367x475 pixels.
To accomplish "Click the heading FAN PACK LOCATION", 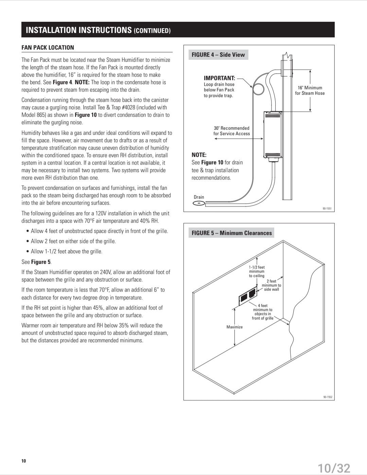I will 48,48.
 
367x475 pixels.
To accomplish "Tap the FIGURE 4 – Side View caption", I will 218,55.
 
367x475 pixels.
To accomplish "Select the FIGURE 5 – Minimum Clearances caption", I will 232,233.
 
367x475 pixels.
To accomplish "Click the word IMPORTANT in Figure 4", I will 219,78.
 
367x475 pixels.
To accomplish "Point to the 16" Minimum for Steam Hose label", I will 310,90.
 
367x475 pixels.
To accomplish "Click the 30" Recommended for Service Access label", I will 231,131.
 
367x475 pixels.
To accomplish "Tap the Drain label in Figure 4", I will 199,197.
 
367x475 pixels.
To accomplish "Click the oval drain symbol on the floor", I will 198,203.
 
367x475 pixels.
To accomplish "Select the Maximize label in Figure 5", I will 234,327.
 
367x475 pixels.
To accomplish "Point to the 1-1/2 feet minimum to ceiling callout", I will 257,272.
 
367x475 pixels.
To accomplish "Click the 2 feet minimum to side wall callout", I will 271,285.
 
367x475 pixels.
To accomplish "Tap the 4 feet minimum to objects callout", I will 262,312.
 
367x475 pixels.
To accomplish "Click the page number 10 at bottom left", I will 23,461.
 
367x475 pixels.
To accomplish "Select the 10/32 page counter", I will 334,468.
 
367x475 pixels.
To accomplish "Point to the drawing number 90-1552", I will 328,397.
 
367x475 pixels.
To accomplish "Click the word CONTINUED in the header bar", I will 152,31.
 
